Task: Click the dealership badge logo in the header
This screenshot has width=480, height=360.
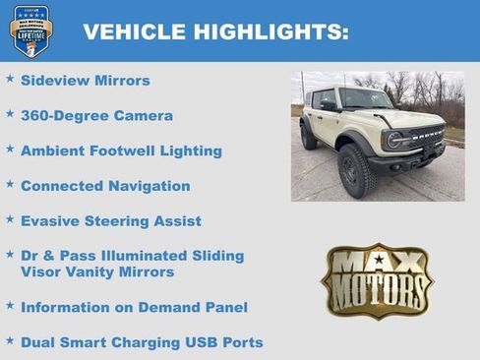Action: (30, 30)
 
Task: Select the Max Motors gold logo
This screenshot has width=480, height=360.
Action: (377, 280)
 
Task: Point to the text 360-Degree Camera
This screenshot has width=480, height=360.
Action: (96, 115)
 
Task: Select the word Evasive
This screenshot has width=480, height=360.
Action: (51, 220)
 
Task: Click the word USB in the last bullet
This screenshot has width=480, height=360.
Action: (207, 342)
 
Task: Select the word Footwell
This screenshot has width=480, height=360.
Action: (129, 150)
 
